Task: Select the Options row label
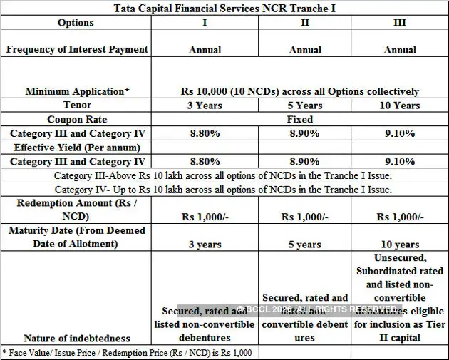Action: [76, 23]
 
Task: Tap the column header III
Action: [400, 23]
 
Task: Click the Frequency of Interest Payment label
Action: [77, 49]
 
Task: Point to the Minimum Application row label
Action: [77, 91]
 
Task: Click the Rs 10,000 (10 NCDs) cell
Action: [299, 91]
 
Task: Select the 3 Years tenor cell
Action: [205, 106]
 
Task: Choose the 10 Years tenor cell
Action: [400, 106]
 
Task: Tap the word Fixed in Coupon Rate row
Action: [299, 119]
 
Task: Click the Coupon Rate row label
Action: [77, 119]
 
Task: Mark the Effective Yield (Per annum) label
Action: [76, 148]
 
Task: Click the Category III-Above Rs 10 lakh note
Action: [224, 175]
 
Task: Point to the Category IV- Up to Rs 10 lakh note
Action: [224, 190]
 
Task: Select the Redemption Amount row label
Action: [76, 210]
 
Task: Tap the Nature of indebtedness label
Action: [77, 338]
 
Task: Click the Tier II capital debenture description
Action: [400, 297]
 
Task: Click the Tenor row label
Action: [76, 106]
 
